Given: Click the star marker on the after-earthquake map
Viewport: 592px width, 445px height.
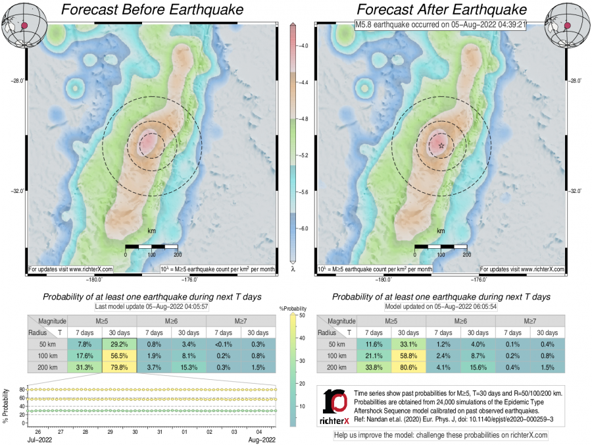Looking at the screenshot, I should click(x=441, y=145).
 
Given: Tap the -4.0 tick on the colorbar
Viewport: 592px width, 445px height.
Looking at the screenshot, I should click(x=304, y=46).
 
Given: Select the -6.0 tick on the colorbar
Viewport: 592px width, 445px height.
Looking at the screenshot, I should click(x=304, y=228).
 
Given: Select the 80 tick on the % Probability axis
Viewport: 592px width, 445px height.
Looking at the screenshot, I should click(x=22, y=389).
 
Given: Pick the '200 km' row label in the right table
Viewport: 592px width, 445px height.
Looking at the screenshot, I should click(x=335, y=367).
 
